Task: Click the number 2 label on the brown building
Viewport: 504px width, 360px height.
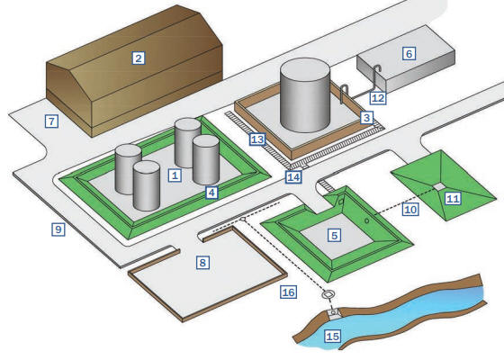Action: click(139, 58)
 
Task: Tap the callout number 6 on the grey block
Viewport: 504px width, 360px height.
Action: click(409, 53)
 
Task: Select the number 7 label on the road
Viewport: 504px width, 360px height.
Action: click(51, 121)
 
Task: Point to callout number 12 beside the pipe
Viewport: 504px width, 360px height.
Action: click(378, 98)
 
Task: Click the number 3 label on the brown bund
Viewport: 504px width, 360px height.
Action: click(367, 118)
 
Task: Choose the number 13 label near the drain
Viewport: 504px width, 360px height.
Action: click(257, 139)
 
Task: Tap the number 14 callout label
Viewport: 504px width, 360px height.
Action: click(293, 177)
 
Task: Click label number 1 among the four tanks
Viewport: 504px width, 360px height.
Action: click(175, 175)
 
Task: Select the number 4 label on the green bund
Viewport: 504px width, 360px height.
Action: click(211, 193)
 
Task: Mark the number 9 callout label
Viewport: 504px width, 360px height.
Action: click(58, 229)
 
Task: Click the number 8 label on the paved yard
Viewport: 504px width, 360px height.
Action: click(202, 263)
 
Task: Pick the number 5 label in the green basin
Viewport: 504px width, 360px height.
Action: click(334, 235)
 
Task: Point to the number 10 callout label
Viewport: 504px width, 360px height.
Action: click(410, 210)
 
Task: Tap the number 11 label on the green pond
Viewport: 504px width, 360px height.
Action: click(453, 199)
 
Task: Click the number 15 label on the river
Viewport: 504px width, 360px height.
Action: click(332, 337)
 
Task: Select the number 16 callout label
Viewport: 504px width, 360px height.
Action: click(288, 292)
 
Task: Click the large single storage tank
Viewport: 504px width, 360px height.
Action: click(305, 95)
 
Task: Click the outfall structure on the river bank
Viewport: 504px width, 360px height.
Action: click(334, 313)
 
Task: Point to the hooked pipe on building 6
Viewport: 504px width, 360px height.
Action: click(375, 77)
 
